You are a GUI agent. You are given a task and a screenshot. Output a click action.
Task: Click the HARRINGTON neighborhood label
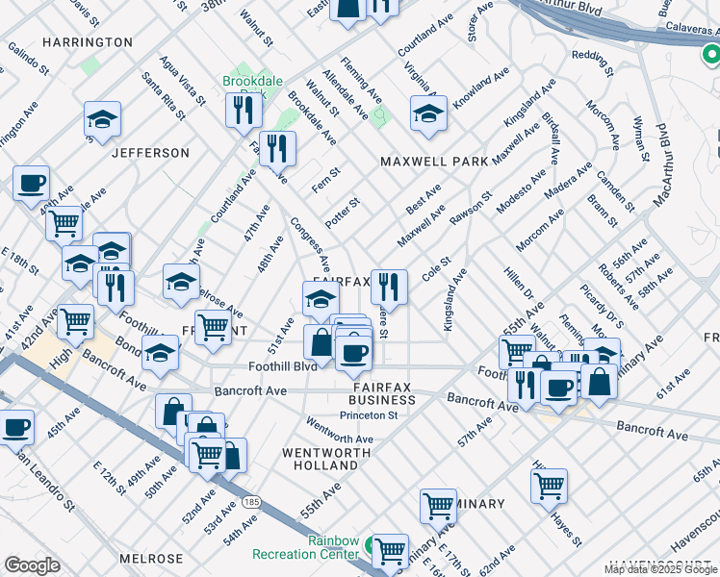[87, 42]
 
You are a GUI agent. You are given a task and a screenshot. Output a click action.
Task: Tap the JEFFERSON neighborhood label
[150, 153]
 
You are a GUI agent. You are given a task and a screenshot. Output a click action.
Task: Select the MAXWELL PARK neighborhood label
[434, 162]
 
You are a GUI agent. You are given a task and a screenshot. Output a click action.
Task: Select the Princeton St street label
[368, 415]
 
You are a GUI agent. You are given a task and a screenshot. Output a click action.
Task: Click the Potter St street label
[342, 213]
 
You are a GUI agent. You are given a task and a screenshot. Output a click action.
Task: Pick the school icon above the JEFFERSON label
[102, 120]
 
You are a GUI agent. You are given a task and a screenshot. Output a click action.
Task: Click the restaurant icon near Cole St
[389, 286]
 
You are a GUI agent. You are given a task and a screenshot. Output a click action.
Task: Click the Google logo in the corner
[33, 565]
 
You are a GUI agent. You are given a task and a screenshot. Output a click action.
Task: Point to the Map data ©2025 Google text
[660, 569]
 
